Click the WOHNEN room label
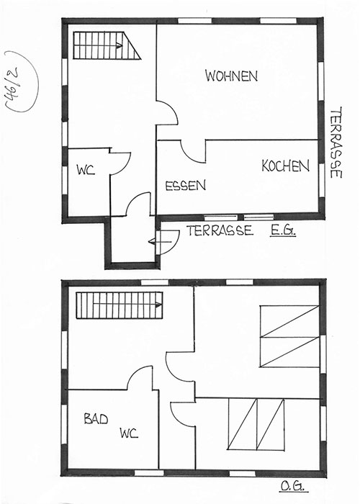click(231, 76)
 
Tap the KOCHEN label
click(285, 166)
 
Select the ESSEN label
click(186, 186)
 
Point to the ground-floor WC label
click(86, 170)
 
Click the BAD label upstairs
click(96, 418)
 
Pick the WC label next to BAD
click(129, 433)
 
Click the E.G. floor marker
click(282, 230)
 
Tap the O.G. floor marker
click(293, 486)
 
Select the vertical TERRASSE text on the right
click(336, 143)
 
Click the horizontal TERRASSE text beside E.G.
click(220, 230)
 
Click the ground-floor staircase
click(107, 45)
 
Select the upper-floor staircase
click(120, 305)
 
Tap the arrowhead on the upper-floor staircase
click(158, 305)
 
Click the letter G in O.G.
click(299, 486)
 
